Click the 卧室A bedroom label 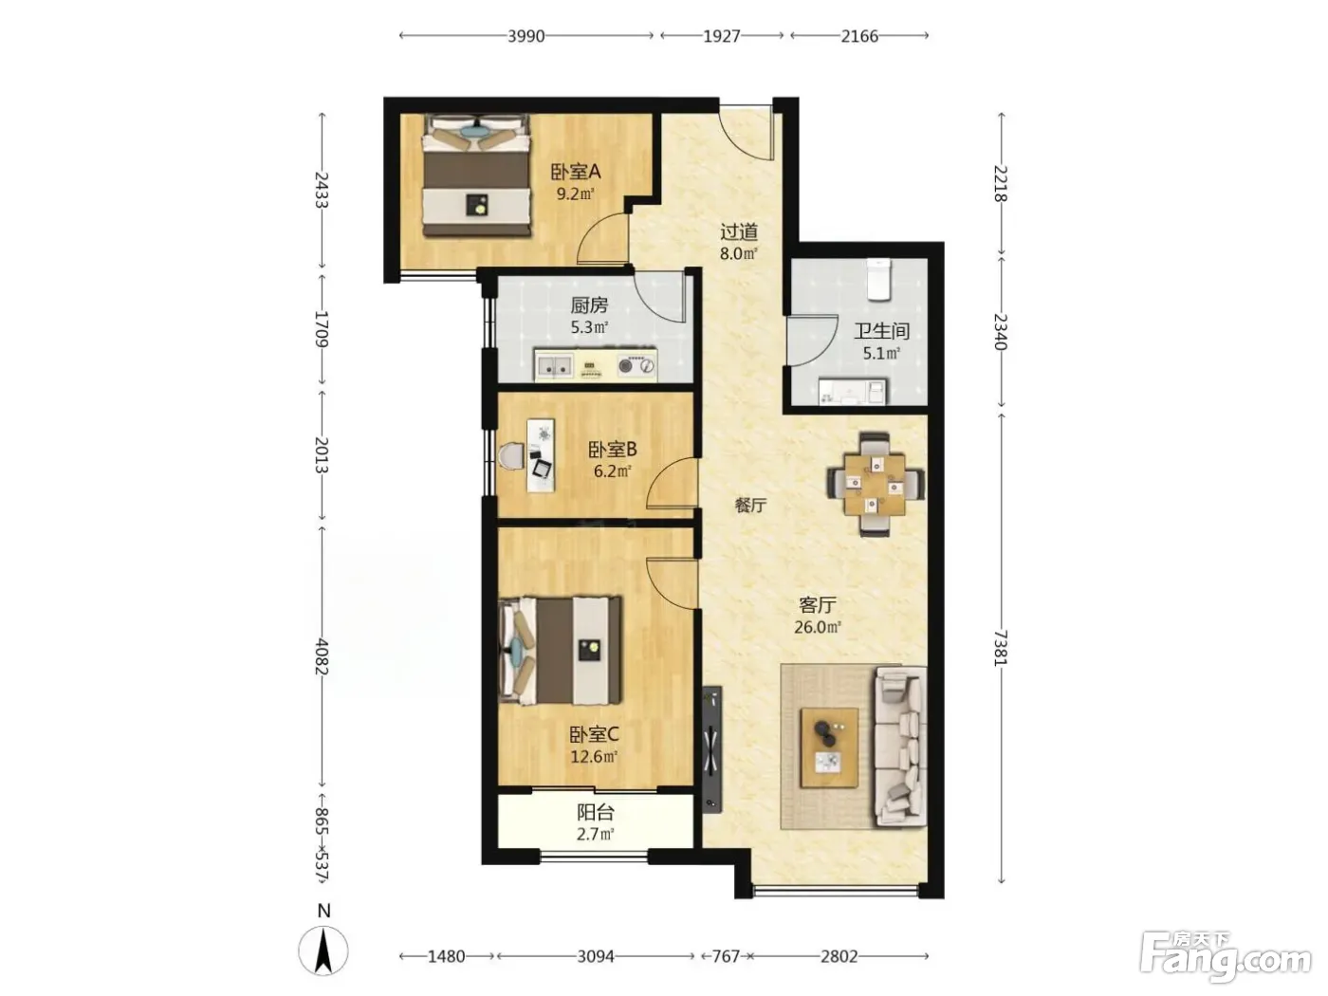pos(575,173)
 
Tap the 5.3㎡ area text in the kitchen pos(589,328)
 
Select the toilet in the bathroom pos(878,280)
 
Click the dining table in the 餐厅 pos(876,484)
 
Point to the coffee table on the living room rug pos(829,748)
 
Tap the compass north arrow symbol pos(323,950)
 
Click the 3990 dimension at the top pos(526,36)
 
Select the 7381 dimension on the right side pos(1002,648)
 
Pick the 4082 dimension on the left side pos(322,656)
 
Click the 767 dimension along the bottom pos(726,956)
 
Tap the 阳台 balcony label pos(596,812)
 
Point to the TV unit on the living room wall pos(712,749)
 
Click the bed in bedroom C pos(561,651)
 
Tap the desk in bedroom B pos(541,455)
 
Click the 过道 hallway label pos(739,231)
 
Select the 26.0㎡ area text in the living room pos(818,627)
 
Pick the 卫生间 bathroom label pos(881,331)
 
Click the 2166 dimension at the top pos(859,36)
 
